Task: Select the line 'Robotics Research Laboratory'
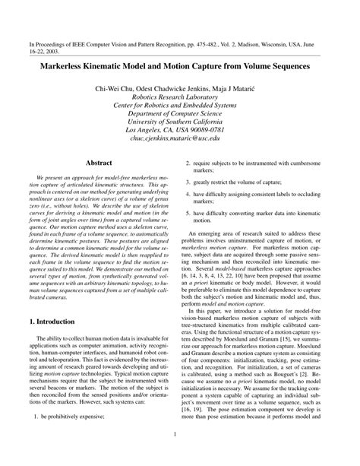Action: (179, 99)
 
